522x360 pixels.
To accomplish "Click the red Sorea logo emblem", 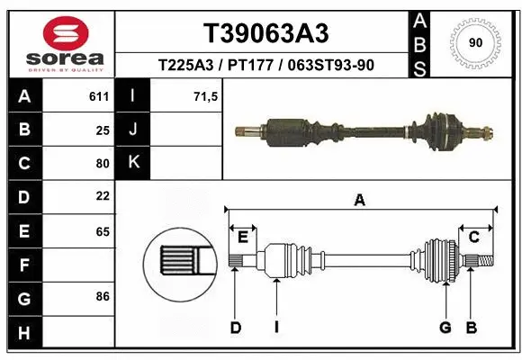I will (x=59, y=32).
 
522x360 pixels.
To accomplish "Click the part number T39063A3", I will (x=265, y=33).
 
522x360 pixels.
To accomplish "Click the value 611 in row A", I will (x=99, y=96).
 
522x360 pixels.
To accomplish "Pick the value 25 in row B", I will (x=103, y=130).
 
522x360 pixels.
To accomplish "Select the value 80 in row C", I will (x=103, y=163).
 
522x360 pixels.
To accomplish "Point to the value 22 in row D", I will (x=103, y=195).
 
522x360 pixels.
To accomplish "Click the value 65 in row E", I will (x=103, y=231).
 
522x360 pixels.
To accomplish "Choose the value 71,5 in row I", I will (x=206, y=96).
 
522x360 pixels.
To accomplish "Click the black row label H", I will (x=23, y=333).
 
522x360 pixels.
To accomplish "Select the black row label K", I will (x=133, y=163).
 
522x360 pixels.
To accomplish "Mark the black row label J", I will (x=133, y=130).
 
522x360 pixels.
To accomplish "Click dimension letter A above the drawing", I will (x=360, y=202).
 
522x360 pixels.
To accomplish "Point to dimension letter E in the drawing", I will (x=243, y=237).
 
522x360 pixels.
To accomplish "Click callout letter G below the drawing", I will (x=445, y=328).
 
